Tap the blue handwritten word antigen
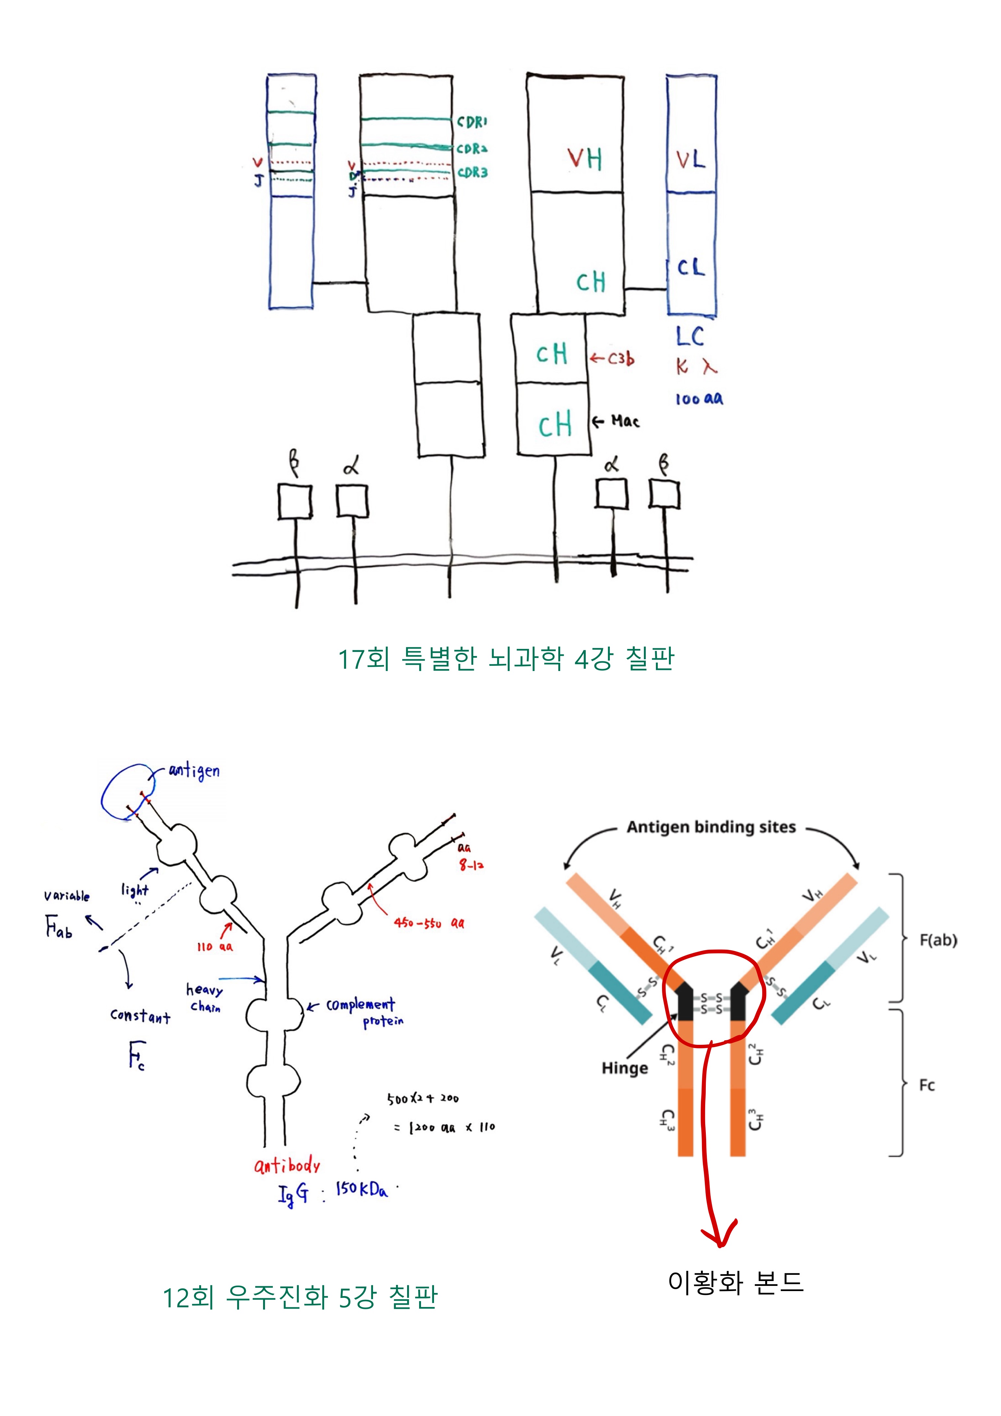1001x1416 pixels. pyautogui.click(x=194, y=771)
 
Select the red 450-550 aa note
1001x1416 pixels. pyautogui.click(x=429, y=923)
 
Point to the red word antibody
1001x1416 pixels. pyautogui.click(x=287, y=1166)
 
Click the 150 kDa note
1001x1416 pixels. pyautogui.click(x=362, y=1190)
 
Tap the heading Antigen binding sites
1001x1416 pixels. pyautogui.click(x=711, y=827)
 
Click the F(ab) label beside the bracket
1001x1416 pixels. pyautogui.click(x=938, y=941)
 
